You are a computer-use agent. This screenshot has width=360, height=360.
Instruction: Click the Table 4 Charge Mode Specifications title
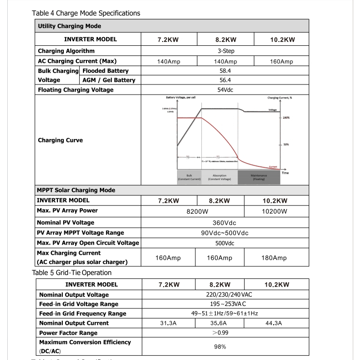85,13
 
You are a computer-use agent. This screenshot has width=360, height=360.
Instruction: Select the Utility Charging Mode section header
69,26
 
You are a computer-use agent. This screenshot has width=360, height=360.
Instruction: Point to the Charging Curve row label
60,140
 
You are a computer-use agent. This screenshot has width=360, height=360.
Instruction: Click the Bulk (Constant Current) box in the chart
189,177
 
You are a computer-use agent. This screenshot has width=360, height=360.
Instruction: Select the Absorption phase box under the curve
219,177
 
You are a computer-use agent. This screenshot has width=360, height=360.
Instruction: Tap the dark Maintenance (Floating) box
259,177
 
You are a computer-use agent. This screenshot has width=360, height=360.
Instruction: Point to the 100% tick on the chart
286,118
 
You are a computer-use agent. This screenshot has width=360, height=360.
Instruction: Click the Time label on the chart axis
285,173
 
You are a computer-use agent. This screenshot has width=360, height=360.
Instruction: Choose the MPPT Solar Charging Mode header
76,190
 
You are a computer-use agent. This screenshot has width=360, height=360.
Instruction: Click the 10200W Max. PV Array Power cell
275,211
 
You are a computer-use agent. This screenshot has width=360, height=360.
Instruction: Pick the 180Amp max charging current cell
274,258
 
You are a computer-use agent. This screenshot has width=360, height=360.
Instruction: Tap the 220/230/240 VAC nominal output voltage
226,295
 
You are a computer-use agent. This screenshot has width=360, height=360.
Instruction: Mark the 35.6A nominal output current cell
220,323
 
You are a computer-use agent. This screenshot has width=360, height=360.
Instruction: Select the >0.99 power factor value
220,333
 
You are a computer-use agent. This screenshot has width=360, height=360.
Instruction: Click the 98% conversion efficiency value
220,347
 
